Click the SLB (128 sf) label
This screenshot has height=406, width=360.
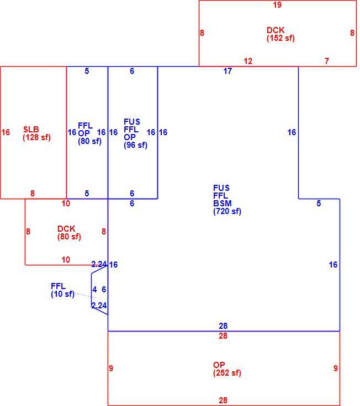pos(36,133)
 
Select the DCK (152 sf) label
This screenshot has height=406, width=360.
pos(280,34)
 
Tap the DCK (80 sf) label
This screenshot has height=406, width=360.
pos(69,233)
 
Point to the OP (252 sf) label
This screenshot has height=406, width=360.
pos(227,368)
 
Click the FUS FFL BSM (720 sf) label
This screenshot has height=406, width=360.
pos(227,200)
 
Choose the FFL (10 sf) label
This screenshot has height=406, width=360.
pos(62,290)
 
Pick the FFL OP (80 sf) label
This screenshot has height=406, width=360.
pos(89,133)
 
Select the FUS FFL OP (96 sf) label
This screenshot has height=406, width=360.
pos(135,133)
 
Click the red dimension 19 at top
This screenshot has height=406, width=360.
pos(277,4)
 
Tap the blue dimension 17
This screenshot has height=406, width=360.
pos(227,71)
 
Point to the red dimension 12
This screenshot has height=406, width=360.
pos(248,61)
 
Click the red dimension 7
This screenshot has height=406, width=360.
pos(327,61)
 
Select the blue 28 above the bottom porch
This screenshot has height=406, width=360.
pos(223,325)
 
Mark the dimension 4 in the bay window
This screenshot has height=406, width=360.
pos(94,290)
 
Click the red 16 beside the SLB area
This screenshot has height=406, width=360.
pos(6,132)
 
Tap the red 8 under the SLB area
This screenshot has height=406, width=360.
pos(33,194)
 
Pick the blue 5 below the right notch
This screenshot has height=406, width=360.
pos(319,204)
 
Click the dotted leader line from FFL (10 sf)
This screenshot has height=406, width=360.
pos(86,296)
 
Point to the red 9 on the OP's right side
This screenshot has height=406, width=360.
pos(336,368)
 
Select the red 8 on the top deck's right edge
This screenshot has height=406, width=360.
pos(352,33)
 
